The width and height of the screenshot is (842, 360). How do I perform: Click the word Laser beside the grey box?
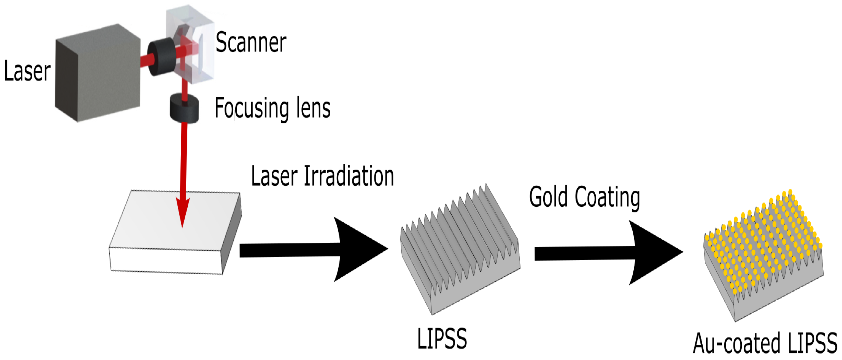point(28,71)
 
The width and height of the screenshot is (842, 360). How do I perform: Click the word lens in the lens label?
point(313,108)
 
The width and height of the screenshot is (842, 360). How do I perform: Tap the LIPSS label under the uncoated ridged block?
point(442,339)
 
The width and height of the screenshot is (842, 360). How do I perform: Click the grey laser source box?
point(98,72)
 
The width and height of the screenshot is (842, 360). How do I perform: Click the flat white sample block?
point(170,228)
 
